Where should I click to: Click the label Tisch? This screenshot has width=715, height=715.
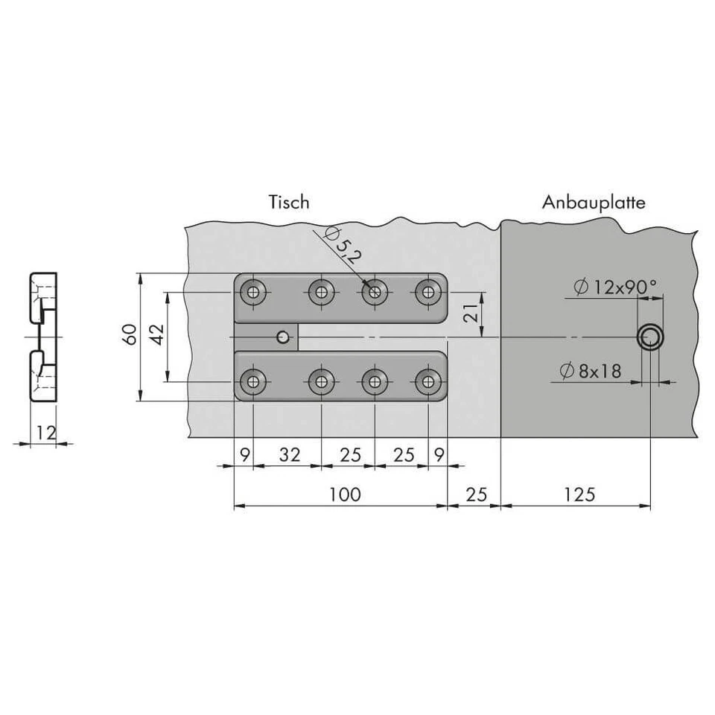tap(289, 202)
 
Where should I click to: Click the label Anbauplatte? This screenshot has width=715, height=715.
tap(594, 202)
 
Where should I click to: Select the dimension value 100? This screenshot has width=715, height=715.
tap(343, 494)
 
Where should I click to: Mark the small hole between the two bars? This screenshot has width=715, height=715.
tap(282, 337)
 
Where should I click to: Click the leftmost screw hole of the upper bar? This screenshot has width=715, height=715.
tap(254, 292)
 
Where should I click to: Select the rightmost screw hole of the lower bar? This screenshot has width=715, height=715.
tap(427, 382)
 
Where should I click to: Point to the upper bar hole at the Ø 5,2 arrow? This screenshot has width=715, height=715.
tap(374, 292)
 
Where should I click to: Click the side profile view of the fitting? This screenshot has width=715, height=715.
tap(43, 337)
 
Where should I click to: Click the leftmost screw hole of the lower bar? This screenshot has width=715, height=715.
tap(254, 382)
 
